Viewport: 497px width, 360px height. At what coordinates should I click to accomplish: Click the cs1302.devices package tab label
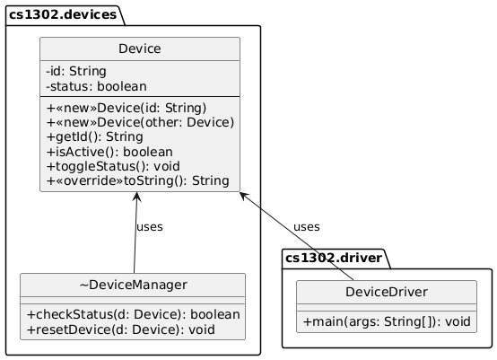coord(62,14)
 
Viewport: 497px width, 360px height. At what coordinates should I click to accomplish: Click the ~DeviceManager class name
coord(133,285)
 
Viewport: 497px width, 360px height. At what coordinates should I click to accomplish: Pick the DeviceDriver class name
coord(386,293)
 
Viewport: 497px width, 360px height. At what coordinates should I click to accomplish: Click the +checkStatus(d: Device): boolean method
coord(133,315)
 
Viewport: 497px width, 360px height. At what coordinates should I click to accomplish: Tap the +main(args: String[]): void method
coord(386,321)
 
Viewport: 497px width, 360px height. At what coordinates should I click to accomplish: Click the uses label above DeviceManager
coord(149,226)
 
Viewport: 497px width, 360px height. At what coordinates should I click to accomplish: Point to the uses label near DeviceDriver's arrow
coord(306,226)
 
